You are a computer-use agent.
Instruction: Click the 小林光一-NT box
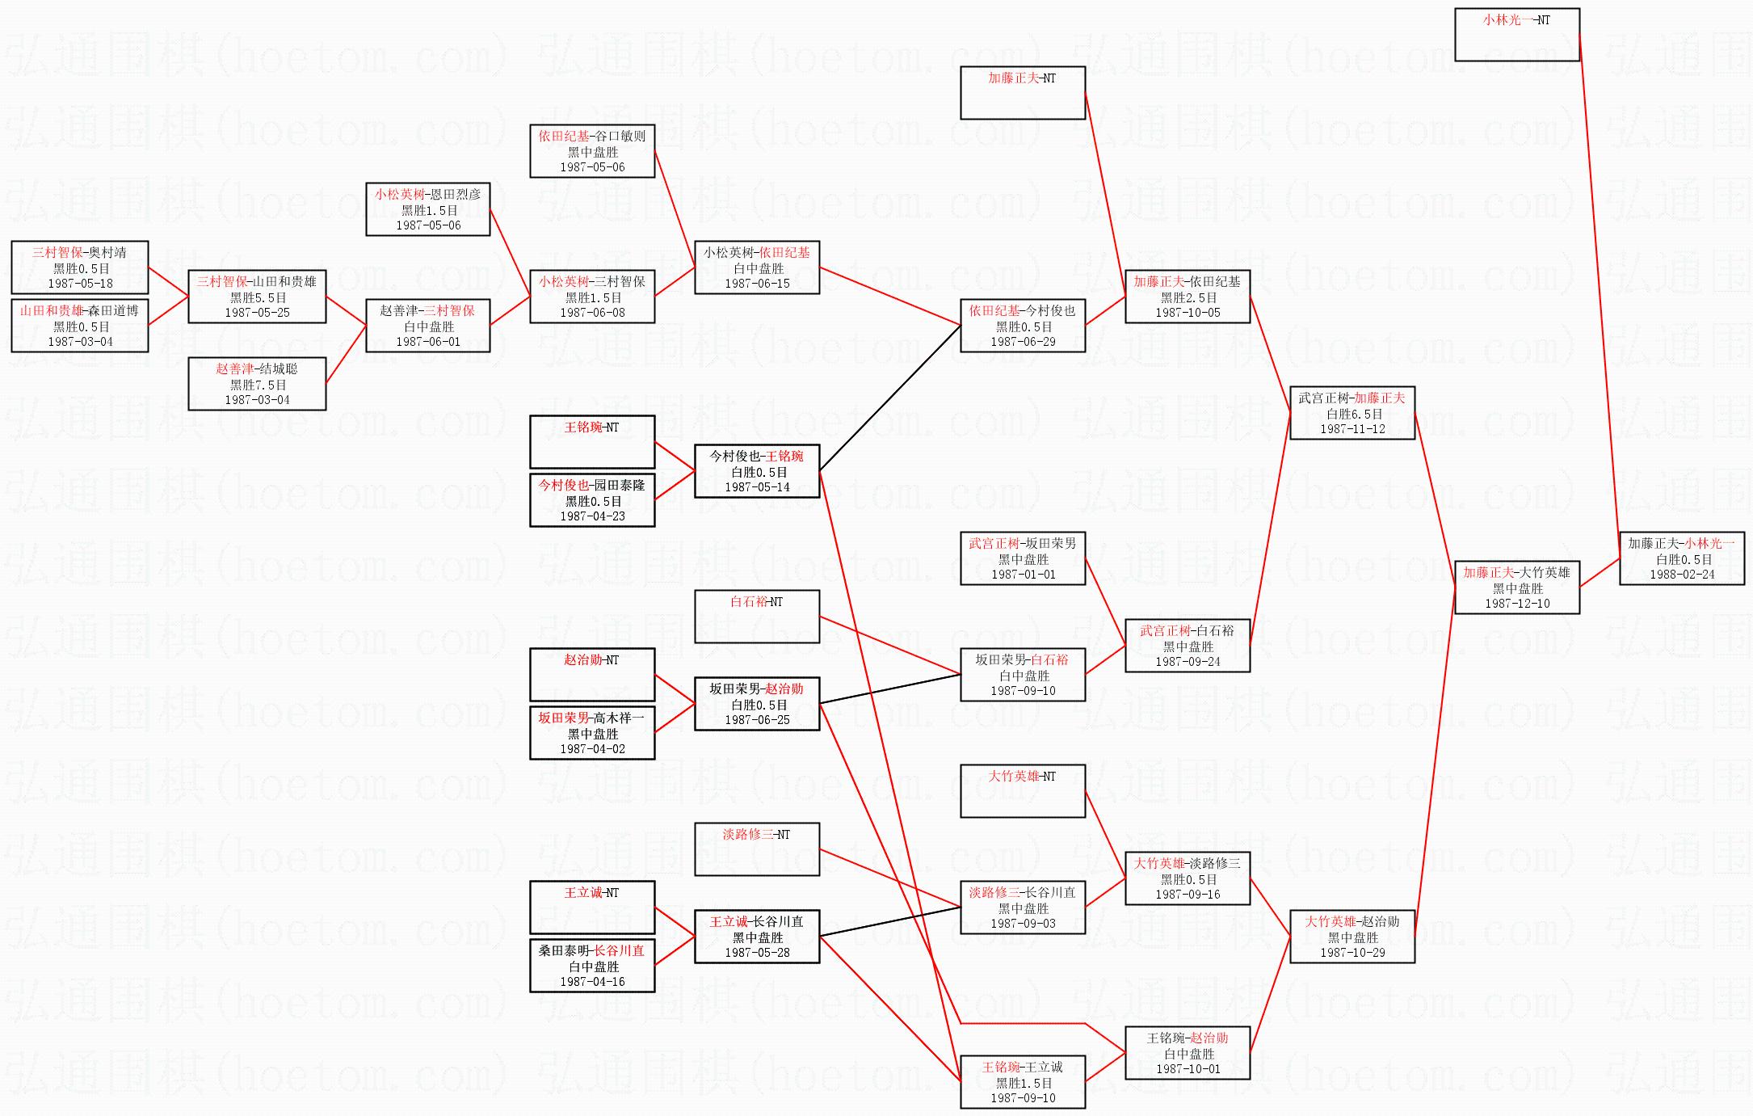[x=1516, y=35]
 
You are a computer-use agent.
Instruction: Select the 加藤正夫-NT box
[x=1022, y=93]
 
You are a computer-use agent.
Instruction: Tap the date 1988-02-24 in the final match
[x=1681, y=575]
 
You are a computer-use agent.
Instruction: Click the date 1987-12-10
[x=1516, y=604]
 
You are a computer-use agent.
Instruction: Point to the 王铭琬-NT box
[x=591, y=442]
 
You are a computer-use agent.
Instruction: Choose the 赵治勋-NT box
[x=591, y=675]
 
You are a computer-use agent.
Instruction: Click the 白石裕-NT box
[x=757, y=617]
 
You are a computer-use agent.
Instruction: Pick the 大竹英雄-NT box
[x=1022, y=791]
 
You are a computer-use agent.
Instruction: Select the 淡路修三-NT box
[x=757, y=849]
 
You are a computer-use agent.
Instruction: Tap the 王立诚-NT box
[x=591, y=908]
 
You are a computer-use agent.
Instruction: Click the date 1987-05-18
[x=80, y=284]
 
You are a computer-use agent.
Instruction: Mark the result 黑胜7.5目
[x=257, y=385]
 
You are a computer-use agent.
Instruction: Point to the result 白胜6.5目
[x=1352, y=414]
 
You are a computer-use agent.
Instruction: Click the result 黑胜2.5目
[x=1188, y=297]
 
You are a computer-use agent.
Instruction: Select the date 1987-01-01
[x=1022, y=575]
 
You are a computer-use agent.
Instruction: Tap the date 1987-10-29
[x=1352, y=953]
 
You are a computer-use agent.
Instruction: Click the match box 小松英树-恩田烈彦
[x=427, y=209]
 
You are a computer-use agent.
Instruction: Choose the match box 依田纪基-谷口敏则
[x=591, y=151]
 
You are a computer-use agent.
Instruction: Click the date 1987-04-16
[x=591, y=982]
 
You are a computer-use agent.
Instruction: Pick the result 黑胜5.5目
[x=257, y=297]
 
